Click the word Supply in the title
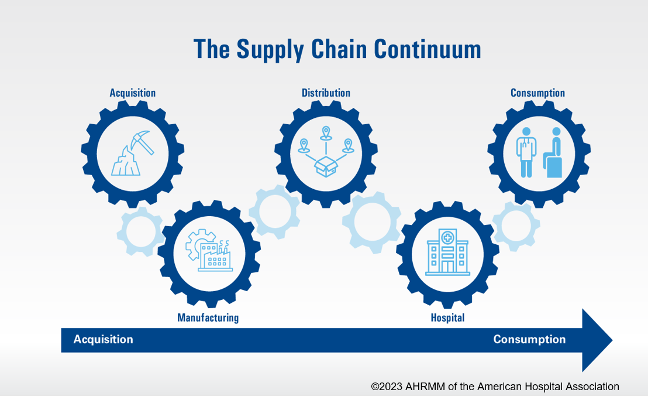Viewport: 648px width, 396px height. point(270,50)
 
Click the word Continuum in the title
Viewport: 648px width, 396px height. point(428,49)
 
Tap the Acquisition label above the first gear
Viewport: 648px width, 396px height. point(133,93)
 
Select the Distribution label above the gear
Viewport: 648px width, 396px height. point(326,93)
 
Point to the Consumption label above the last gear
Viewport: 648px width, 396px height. point(537,93)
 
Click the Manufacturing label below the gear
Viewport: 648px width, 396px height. point(208,318)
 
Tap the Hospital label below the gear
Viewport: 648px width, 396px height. point(447,318)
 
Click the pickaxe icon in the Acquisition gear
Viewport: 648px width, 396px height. point(142,142)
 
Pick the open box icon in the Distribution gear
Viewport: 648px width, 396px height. point(326,166)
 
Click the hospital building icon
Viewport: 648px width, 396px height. point(447,252)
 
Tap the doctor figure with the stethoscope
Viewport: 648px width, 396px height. point(526,152)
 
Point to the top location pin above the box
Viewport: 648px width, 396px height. point(326,133)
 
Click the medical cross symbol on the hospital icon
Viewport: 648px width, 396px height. point(447,237)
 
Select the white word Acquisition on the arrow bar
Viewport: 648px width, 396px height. point(104,339)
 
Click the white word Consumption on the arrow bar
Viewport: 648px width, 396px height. point(529,339)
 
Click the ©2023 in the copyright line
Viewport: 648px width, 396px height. point(387,387)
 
